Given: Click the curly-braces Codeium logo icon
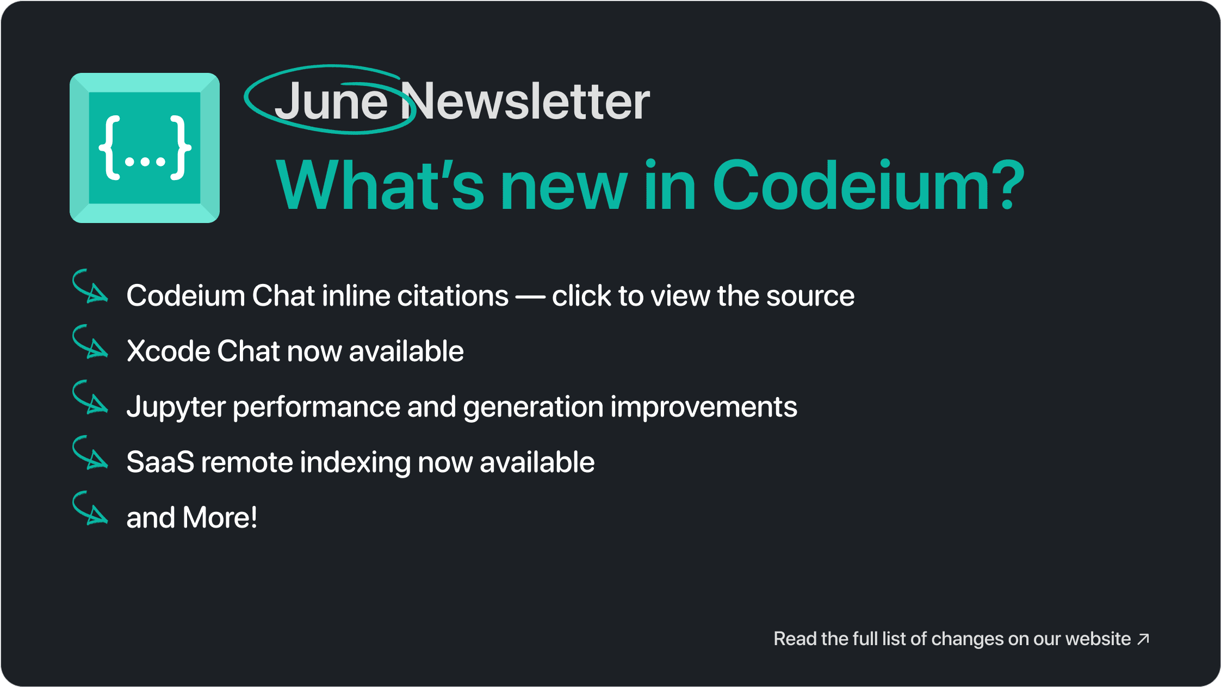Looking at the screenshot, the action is (x=145, y=148).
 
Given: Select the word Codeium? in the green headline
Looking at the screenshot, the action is (x=869, y=185).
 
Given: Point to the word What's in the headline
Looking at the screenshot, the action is (x=380, y=185).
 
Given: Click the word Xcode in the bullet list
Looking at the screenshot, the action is (x=169, y=351).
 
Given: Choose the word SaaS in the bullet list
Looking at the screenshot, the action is (x=160, y=462).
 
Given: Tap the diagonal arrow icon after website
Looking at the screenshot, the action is (x=1144, y=639).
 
